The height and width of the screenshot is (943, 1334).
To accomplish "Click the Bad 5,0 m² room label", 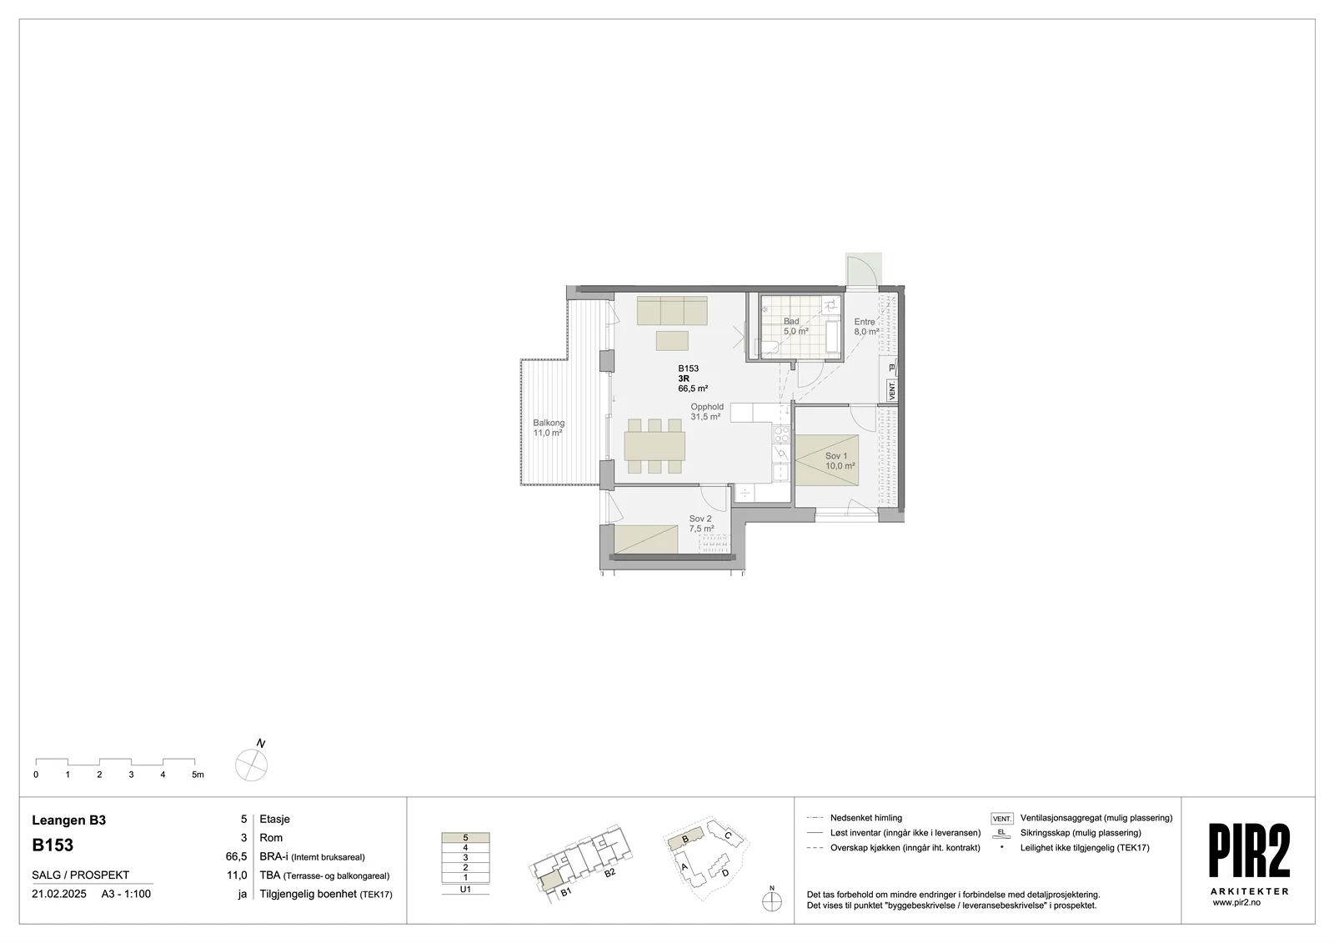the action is (x=795, y=327).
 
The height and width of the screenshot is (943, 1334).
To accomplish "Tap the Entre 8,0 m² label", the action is (x=866, y=327).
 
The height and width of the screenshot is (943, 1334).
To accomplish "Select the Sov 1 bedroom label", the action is (x=840, y=461).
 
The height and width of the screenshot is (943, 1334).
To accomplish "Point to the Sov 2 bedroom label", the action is (x=701, y=524).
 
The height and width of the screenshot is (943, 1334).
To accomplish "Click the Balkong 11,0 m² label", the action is (x=549, y=428).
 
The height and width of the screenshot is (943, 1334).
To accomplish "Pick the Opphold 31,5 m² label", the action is (x=707, y=412).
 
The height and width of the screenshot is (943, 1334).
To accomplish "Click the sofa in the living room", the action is (x=672, y=310).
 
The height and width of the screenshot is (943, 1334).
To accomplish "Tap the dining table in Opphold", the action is (x=654, y=445).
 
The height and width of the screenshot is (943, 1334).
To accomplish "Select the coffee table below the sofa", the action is (x=672, y=341).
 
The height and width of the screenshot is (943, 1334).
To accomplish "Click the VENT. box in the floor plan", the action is (x=892, y=391).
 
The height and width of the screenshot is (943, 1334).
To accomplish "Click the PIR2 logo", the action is (x=1250, y=850).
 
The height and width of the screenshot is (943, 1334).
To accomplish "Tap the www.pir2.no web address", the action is (x=1236, y=902).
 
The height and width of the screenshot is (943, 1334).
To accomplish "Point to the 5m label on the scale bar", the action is (x=198, y=775).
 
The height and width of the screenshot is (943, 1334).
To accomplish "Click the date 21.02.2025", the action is (x=59, y=894).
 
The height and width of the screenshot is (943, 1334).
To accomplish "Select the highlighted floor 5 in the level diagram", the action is (x=465, y=838).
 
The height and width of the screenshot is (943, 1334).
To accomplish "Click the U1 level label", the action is (x=465, y=889).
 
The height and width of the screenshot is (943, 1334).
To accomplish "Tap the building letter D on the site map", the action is (x=725, y=873).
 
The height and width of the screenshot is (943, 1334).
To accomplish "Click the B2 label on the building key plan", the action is (x=609, y=873).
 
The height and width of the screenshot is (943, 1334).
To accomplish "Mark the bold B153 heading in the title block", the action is (x=53, y=845).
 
